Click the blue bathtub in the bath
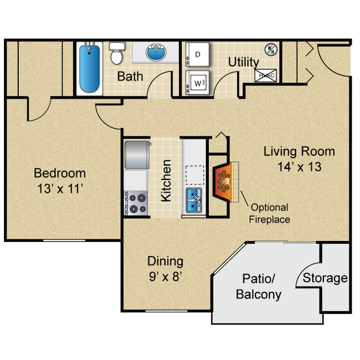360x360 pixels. [x=89, y=69]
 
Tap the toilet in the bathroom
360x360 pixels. [x=116, y=54]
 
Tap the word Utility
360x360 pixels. [x=244, y=62]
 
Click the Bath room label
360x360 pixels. [x=130, y=76]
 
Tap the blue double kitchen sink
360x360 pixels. [x=194, y=200]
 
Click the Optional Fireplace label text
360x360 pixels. [x=270, y=213]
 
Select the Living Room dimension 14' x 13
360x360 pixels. [x=299, y=166]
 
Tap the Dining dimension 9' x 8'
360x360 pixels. [x=165, y=276]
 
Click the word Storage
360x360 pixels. [x=325, y=278]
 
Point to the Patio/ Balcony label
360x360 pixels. [x=259, y=286]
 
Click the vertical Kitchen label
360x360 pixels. [x=166, y=181]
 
